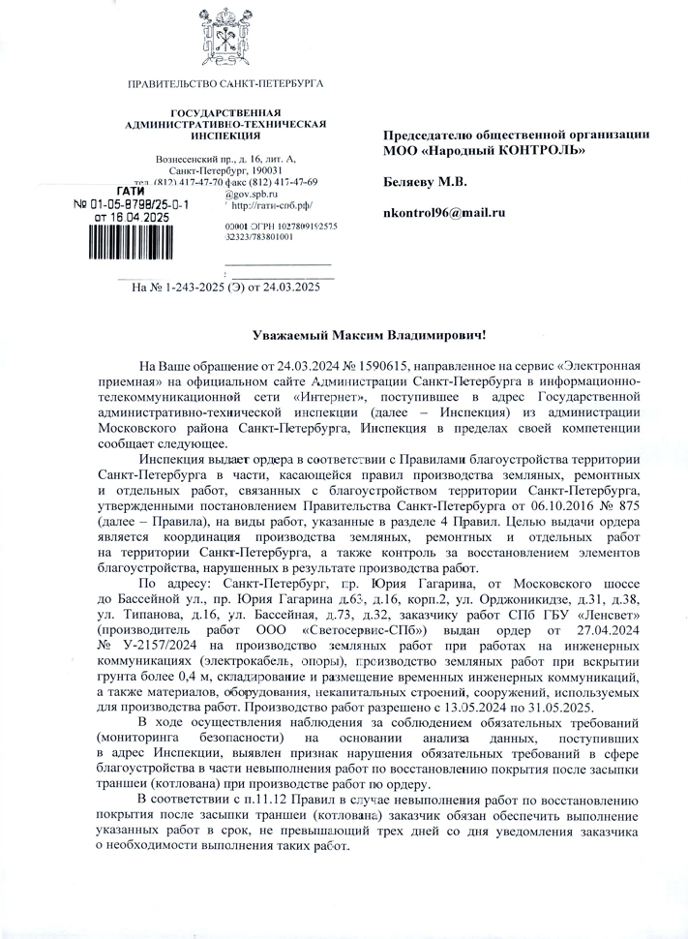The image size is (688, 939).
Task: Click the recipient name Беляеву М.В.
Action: tap(425, 181)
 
